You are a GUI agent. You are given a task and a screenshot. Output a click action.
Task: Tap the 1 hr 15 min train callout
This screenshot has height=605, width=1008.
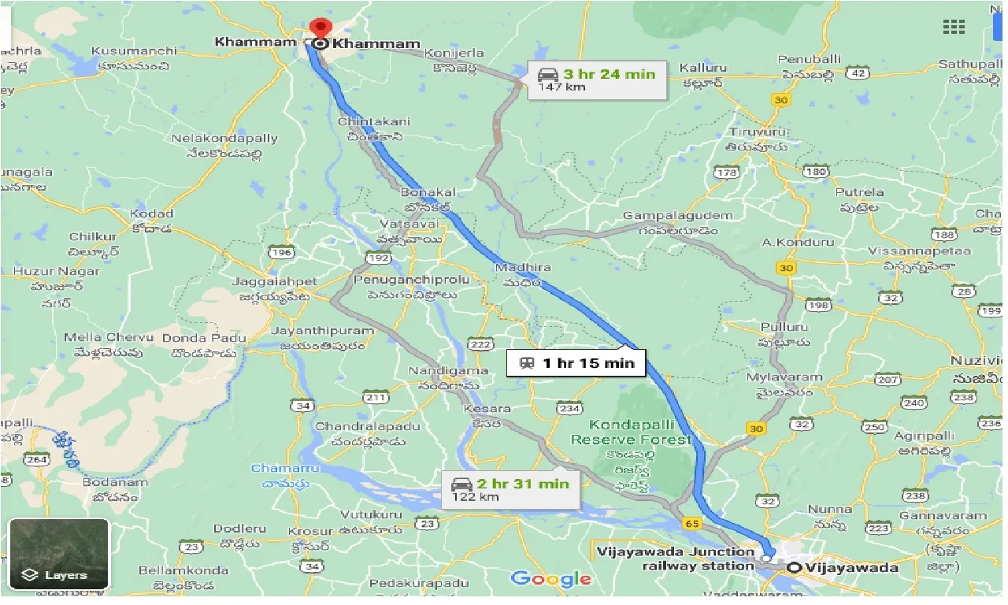(x=576, y=363)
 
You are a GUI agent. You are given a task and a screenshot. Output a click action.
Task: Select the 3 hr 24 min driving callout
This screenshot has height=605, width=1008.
(x=596, y=80)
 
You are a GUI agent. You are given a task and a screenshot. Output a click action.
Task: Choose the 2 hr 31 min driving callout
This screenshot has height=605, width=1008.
(x=510, y=489)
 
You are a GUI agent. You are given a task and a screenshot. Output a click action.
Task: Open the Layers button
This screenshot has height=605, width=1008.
(x=58, y=555)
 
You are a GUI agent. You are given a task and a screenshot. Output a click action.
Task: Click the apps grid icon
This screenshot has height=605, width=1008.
(x=954, y=27)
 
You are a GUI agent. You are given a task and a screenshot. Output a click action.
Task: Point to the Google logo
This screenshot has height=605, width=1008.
(x=550, y=579)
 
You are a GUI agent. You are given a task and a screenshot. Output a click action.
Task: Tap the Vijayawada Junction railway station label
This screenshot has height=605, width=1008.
(x=675, y=559)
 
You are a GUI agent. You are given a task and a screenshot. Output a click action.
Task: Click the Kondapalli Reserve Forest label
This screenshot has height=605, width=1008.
(x=631, y=432)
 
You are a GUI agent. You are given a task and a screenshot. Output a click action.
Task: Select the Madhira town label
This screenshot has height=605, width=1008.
(x=523, y=269)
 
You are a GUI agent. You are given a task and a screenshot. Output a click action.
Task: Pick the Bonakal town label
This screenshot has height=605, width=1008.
(x=428, y=192)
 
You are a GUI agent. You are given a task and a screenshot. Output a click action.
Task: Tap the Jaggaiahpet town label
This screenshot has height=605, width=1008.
(x=274, y=281)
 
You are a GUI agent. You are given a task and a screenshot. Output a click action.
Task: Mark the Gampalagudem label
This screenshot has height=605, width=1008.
(x=670, y=216)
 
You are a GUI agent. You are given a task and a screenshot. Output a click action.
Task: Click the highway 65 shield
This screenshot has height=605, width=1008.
(x=692, y=522)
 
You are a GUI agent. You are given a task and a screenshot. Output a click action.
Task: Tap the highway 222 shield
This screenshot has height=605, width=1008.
(x=480, y=345)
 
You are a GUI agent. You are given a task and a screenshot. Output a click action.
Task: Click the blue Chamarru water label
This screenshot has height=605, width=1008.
(x=275, y=469)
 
